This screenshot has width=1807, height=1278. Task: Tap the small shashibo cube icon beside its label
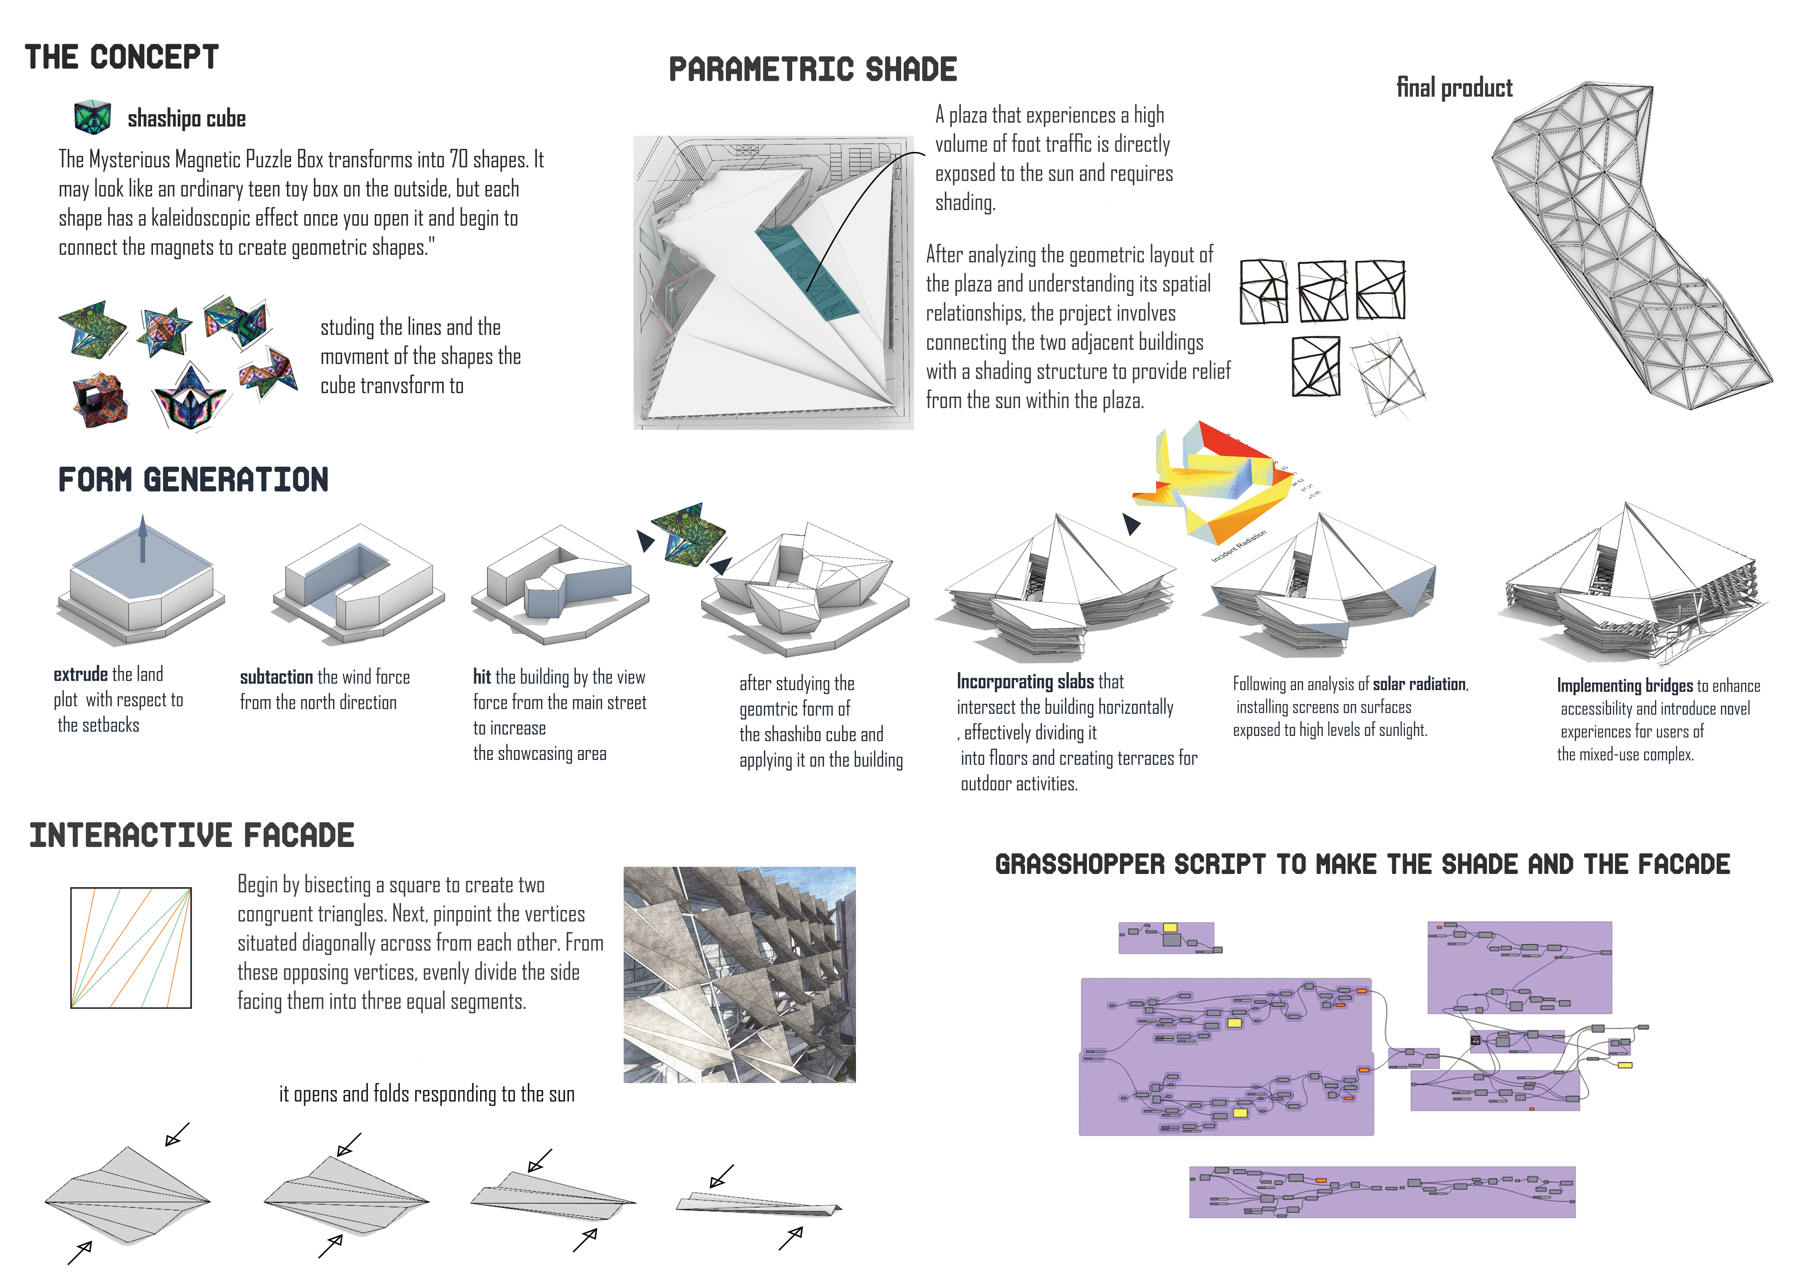92,117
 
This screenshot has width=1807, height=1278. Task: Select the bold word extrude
80,674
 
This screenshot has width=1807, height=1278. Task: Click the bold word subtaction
276,678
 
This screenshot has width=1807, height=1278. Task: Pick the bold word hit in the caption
482,677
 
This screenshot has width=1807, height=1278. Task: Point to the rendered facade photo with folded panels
739,974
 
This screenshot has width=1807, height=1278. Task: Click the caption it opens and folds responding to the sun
427,1094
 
